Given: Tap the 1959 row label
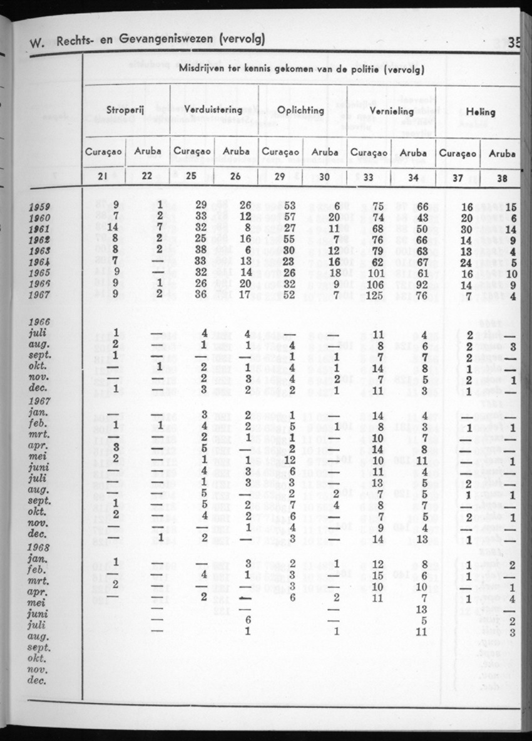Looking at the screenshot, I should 40,207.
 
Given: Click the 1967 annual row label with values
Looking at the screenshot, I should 40,294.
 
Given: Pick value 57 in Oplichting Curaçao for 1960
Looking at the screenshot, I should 289,217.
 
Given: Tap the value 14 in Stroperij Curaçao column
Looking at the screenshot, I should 113,227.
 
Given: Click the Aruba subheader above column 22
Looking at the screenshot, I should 146,152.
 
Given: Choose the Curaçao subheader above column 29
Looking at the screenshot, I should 280,153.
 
